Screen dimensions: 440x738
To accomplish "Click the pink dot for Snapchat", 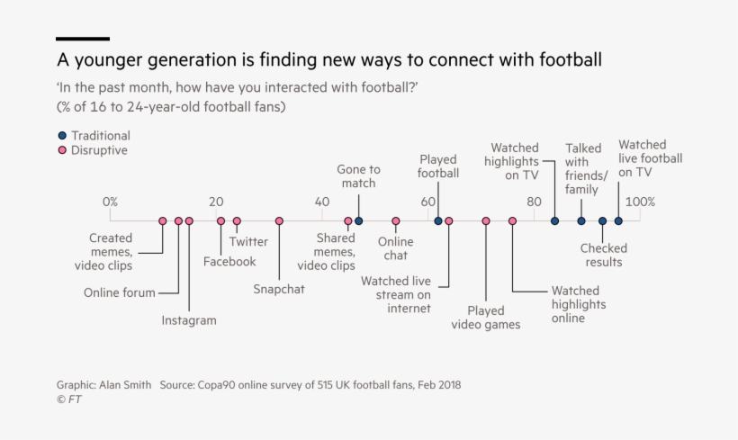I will point(279,220).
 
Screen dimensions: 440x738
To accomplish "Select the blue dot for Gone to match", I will point(358,220).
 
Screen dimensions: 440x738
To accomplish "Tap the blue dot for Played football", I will point(438,220).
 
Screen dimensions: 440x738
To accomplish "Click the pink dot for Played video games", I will point(486,220).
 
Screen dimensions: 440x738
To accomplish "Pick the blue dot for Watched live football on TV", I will point(618,220).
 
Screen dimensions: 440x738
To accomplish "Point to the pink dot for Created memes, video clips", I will point(163,220).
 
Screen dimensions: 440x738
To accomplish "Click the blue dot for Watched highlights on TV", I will point(554,220).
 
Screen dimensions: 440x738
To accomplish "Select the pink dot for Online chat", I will point(396,220).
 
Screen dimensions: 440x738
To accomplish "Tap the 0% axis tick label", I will point(110,202).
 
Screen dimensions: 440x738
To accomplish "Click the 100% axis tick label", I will point(640,202).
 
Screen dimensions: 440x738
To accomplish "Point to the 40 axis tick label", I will point(322,202).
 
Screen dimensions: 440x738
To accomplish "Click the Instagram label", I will point(189,320).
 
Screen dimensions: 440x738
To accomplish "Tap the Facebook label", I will point(229,262).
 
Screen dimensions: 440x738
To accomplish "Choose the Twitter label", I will point(248,241).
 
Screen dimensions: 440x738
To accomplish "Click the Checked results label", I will point(603,256).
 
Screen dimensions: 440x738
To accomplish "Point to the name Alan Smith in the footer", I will point(126,384).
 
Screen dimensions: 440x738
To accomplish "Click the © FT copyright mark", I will point(68,400).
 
